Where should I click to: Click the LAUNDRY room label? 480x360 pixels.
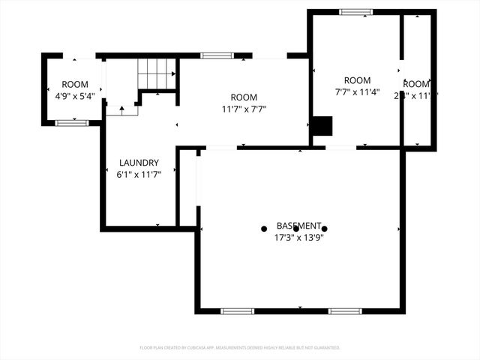coord(139,163)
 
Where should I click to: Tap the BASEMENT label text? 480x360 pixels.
coord(299,226)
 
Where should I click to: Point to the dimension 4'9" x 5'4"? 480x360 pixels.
coord(75,96)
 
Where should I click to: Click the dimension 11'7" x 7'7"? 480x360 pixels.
coord(244,109)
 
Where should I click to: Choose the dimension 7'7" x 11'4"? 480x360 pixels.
coord(357,93)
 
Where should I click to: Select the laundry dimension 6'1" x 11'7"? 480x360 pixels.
coord(139,174)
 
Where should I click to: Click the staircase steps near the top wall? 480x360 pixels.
coord(156,73)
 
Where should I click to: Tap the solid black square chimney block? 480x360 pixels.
coord(322,126)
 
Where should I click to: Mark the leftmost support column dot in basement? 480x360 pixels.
coord(264,229)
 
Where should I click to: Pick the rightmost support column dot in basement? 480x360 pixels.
coord(324,229)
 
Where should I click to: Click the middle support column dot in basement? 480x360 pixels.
coord(295,229)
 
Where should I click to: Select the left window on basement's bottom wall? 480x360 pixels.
coord(237,310)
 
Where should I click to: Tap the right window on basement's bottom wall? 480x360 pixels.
coord(345,310)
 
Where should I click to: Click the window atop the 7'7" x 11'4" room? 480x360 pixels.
coord(355,12)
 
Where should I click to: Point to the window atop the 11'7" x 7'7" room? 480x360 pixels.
coord(217,55)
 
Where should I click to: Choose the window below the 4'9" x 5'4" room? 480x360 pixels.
coord(73,122)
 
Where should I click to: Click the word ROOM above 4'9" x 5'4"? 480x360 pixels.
coord(75,85)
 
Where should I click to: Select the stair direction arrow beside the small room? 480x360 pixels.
coord(121,109)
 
